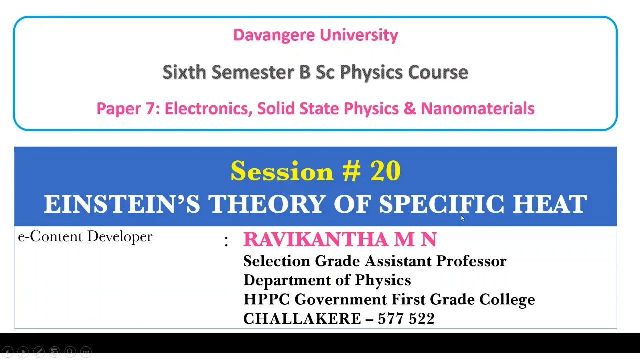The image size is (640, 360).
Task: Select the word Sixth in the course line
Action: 184,72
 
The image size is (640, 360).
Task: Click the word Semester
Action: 253,72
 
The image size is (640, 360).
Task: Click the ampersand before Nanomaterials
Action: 409,108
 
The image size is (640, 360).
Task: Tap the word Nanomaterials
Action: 478,108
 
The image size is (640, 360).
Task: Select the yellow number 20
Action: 385,171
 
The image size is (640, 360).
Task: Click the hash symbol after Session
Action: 352,171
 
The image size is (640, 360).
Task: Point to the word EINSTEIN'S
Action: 122,204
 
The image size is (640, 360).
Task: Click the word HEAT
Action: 550,204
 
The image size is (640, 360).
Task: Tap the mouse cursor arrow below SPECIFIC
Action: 462,218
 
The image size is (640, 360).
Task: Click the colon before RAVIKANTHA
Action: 226,241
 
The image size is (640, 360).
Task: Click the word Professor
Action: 471,261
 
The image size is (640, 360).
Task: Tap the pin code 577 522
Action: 406,319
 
